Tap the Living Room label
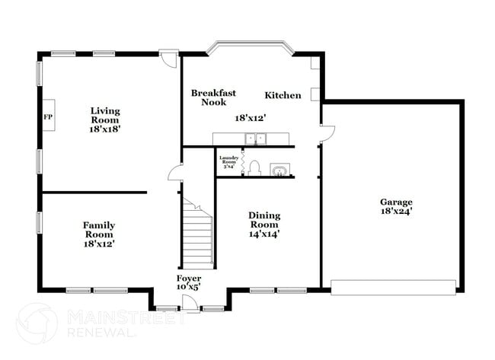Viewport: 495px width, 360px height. coord(105,115)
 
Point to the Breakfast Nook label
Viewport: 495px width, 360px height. coord(213,97)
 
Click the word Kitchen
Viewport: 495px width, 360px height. coord(283,96)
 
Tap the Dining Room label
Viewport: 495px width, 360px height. coord(264,220)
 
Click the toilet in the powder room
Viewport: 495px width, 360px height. coord(255,167)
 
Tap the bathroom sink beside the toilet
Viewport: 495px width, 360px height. coord(282,169)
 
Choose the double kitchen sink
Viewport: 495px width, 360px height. coord(255,138)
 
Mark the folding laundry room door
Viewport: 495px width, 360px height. coord(242,161)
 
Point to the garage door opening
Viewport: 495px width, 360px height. coord(393,287)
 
